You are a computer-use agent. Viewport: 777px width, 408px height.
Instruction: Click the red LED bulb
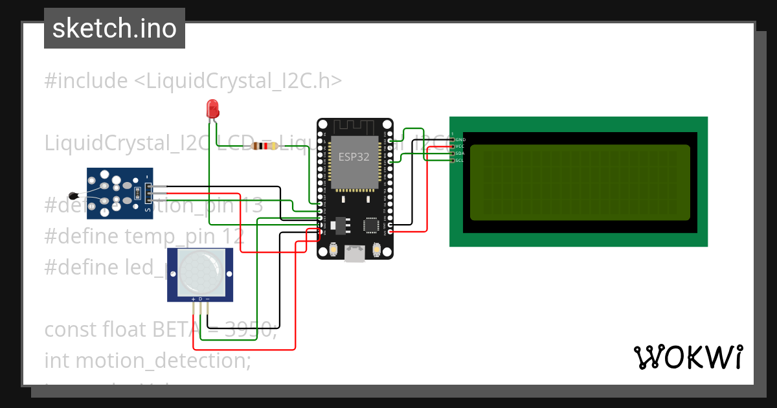click(212, 108)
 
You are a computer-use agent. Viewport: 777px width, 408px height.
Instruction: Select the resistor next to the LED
click(264, 146)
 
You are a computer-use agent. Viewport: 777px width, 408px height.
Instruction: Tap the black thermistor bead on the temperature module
click(74, 195)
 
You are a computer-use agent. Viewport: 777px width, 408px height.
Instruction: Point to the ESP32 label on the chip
click(354, 157)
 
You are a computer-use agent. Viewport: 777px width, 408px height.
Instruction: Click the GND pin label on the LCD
click(460, 139)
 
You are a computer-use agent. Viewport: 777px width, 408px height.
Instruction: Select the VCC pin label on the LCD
click(460, 146)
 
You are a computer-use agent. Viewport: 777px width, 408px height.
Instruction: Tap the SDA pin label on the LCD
click(460, 153)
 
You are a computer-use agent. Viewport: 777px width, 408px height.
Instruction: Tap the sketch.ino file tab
click(115, 28)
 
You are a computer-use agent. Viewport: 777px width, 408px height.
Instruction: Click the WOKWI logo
click(688, 357)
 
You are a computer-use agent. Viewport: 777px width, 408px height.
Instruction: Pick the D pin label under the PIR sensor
click(200, 299)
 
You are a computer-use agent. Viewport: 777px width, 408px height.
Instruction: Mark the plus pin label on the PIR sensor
click(193, 299)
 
